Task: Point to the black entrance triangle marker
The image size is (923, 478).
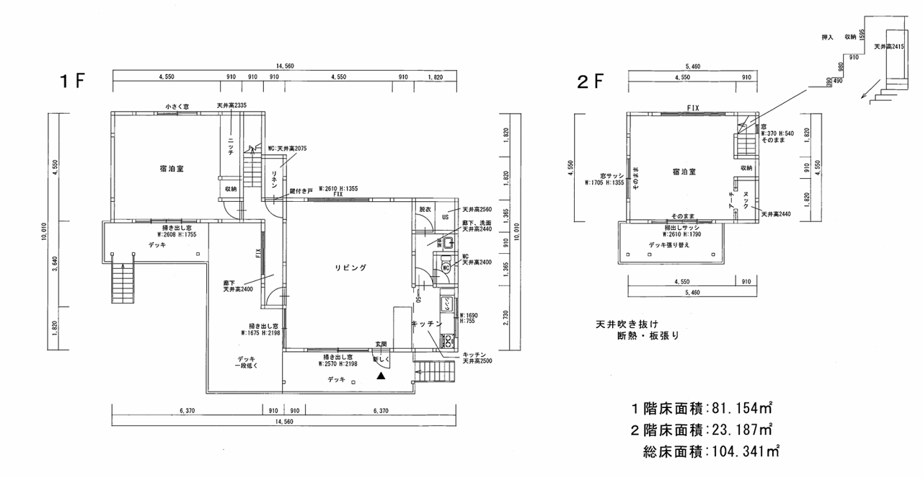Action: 381,375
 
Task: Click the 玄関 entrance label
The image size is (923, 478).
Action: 381,343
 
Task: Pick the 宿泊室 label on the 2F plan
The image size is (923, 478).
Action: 684,172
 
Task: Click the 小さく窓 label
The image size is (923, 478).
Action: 177,107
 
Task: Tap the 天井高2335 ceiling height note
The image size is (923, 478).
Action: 231,106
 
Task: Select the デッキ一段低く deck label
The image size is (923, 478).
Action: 247,363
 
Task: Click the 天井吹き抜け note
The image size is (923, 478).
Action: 627,324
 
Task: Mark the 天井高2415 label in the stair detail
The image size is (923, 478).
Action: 889,45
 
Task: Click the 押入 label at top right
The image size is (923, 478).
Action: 827,35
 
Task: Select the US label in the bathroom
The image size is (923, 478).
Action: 446,217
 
